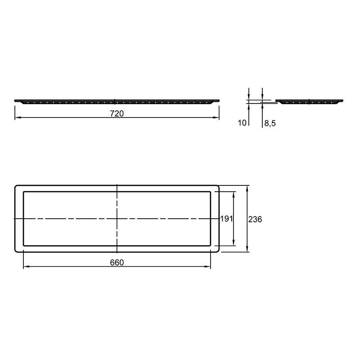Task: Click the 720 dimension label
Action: pos(117,114)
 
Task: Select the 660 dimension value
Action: pos(117,262)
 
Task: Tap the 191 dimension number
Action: pos(227,219)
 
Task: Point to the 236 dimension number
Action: pos(255,220)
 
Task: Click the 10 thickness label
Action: pos(242,123)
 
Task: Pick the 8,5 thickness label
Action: pos(270,123)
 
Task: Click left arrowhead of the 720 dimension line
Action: pos(18,117)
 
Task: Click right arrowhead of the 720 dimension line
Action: pos(216,117)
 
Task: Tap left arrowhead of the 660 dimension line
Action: pos(27,266)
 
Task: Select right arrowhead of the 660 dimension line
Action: pos(207,266)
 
